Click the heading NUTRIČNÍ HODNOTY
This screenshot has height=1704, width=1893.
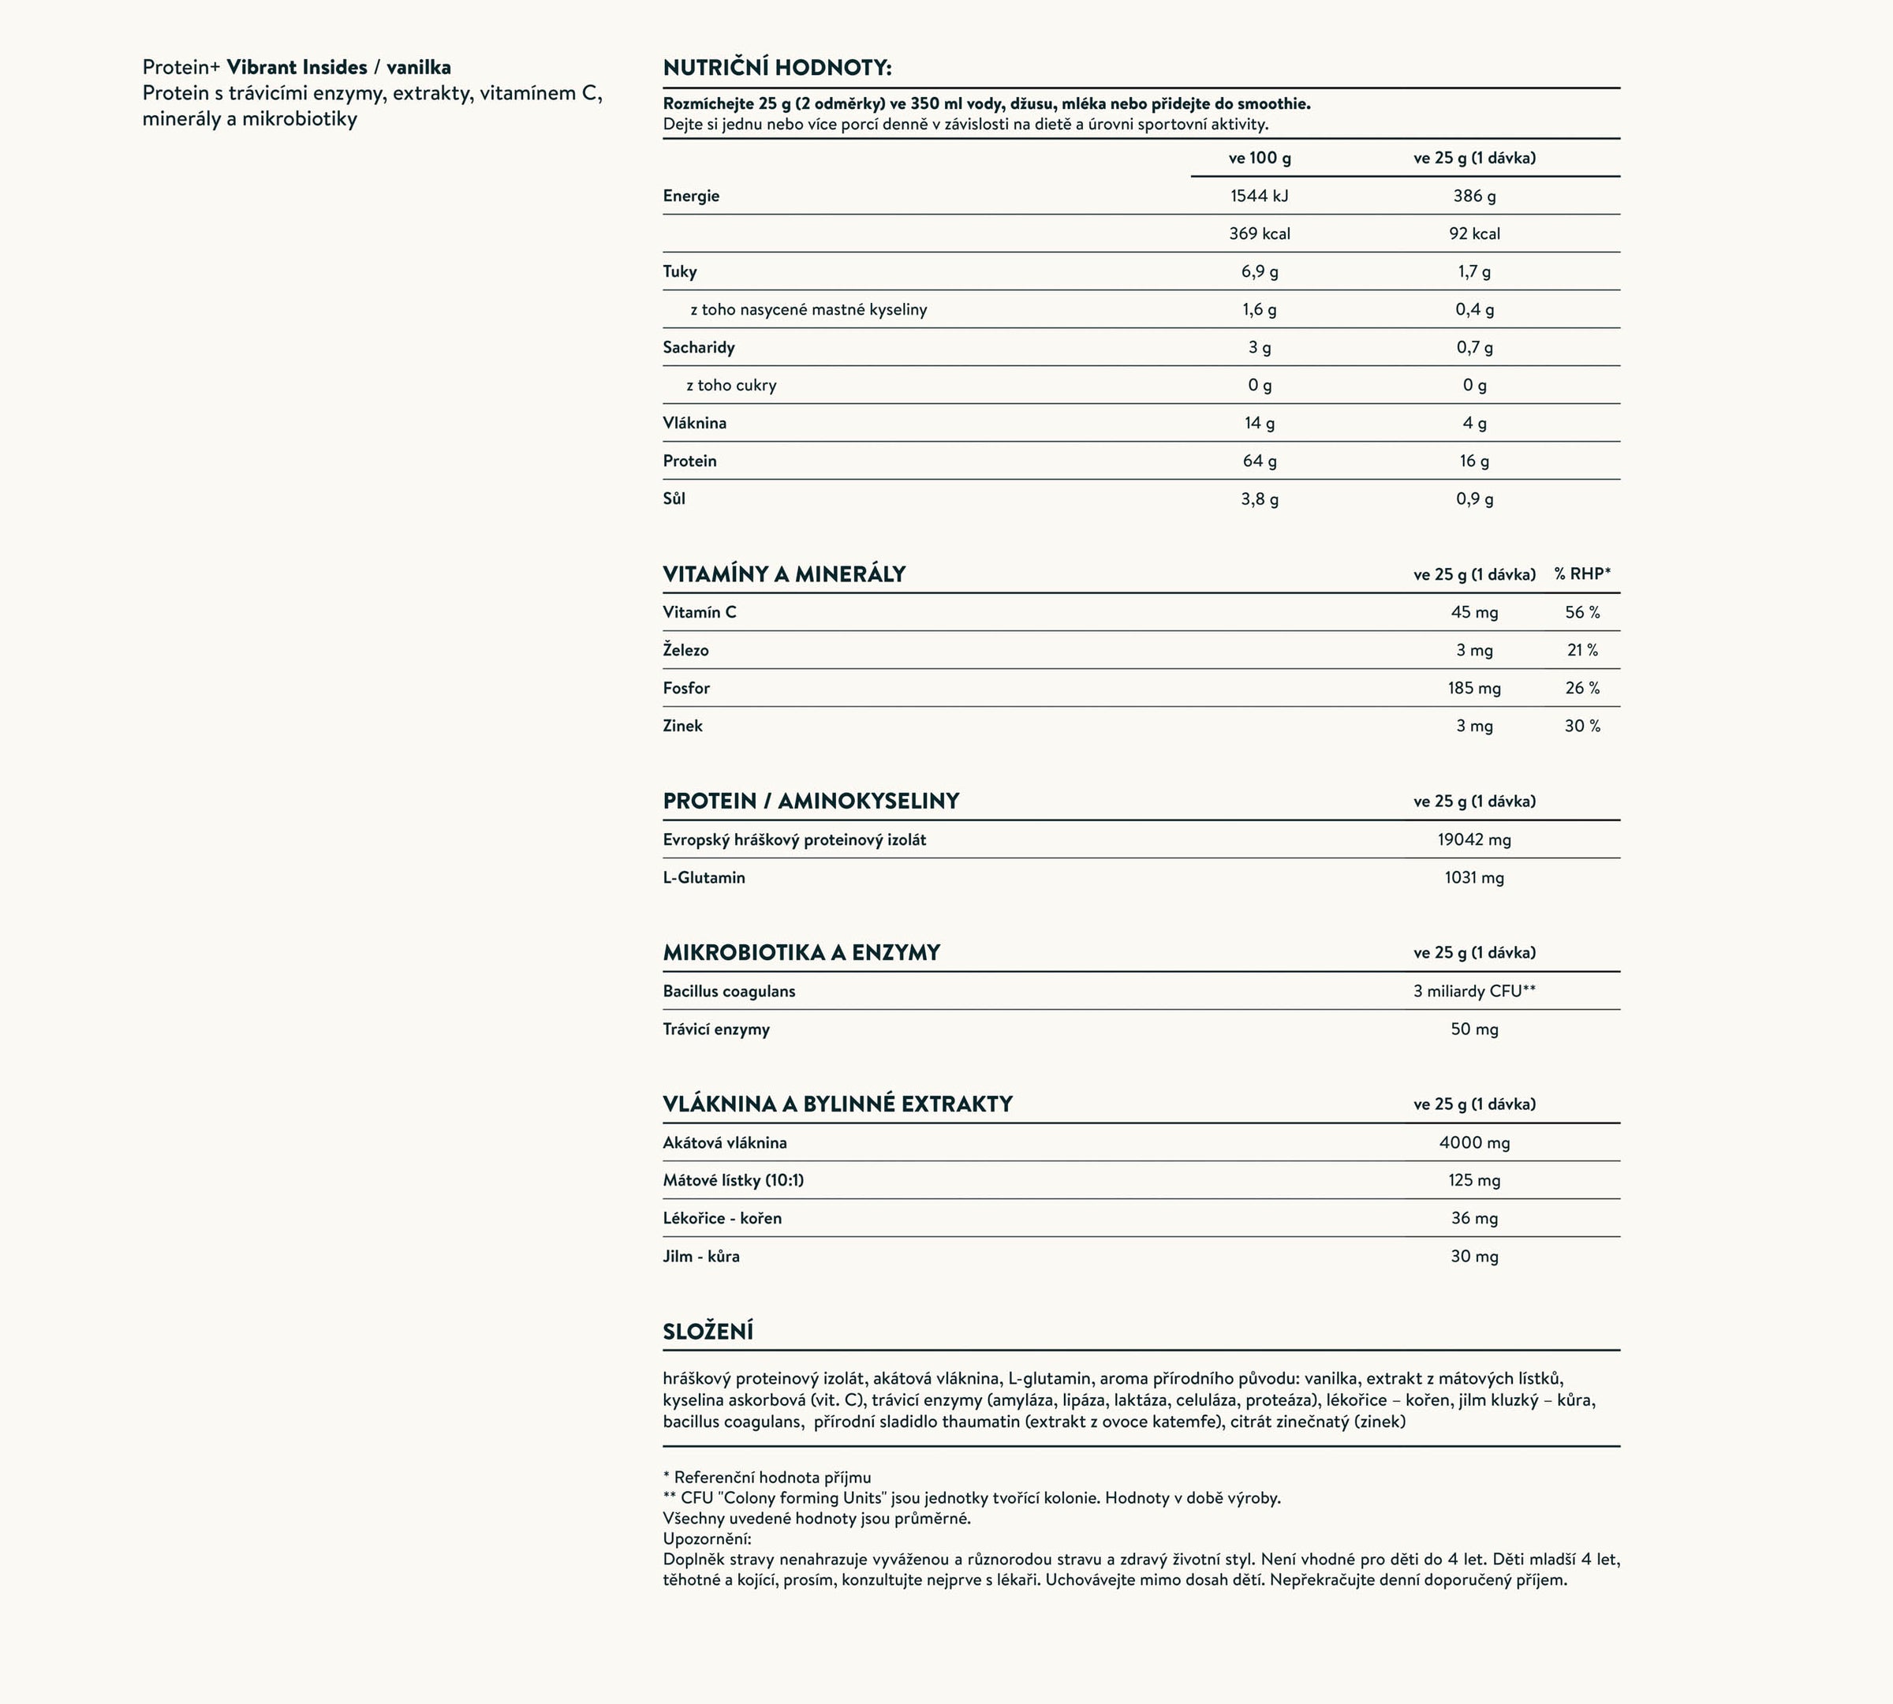click(777, 67)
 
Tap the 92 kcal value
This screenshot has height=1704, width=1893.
click(1473, 234)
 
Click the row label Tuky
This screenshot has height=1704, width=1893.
click(680, 271)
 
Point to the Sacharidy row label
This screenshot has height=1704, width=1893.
click(698, 347)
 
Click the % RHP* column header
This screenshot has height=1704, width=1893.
click(1582, 574)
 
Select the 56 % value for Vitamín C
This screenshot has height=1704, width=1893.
click(1582, 612)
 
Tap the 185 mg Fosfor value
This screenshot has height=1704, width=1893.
click(1473, 688)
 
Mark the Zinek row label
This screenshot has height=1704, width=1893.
click(682, 726)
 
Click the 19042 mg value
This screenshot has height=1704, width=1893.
click(1473, 840)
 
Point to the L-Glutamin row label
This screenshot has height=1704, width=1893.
click(704, 877)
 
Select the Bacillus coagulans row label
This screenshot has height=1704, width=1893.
click(728, 992)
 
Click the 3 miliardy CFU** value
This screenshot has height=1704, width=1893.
click(1473, 992)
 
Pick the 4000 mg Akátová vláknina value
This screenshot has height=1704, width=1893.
click(1473, 1142)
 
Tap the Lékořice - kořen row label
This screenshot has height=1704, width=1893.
click(722, 1218)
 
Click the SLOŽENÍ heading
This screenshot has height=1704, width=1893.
click(708, 1332)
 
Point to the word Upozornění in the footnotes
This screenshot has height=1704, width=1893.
click(707, 1538)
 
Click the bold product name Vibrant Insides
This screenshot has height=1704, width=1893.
click(297, 67)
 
